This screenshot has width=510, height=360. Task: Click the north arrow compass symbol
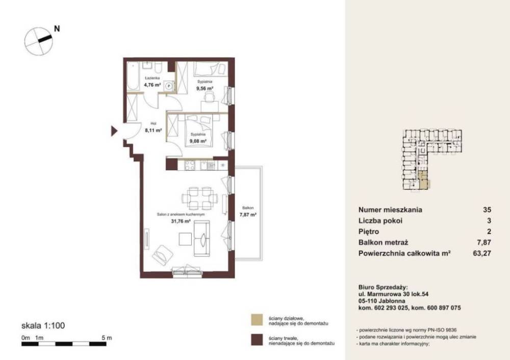tap(39, 41)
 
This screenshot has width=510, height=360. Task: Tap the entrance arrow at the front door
tap(114, 131)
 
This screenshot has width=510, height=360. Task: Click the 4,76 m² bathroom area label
tap(152, 85)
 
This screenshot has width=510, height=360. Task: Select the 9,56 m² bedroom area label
tap(205, 88)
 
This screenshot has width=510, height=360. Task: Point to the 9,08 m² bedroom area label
tap(198, 141)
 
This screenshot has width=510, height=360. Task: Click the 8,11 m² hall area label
tap(154, 131)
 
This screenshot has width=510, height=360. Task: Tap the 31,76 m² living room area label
tap(181, 221)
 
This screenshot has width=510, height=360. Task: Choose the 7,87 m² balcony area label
tap(248, 215)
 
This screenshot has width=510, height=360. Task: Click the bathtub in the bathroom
tap(133, 76)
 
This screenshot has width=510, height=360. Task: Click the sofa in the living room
tap(201, 238)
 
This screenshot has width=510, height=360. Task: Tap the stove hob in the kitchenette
tap(190, 166)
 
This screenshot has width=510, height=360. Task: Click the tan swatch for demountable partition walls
tap(257, 320)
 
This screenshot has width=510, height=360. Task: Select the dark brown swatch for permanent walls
tap(257, 340)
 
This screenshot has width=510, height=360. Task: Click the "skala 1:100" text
tap(43, 325)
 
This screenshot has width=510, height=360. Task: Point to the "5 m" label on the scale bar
tap(107, 338)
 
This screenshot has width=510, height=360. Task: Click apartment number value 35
tap(487, 210)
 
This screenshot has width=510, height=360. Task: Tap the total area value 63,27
tap(482, 253)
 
